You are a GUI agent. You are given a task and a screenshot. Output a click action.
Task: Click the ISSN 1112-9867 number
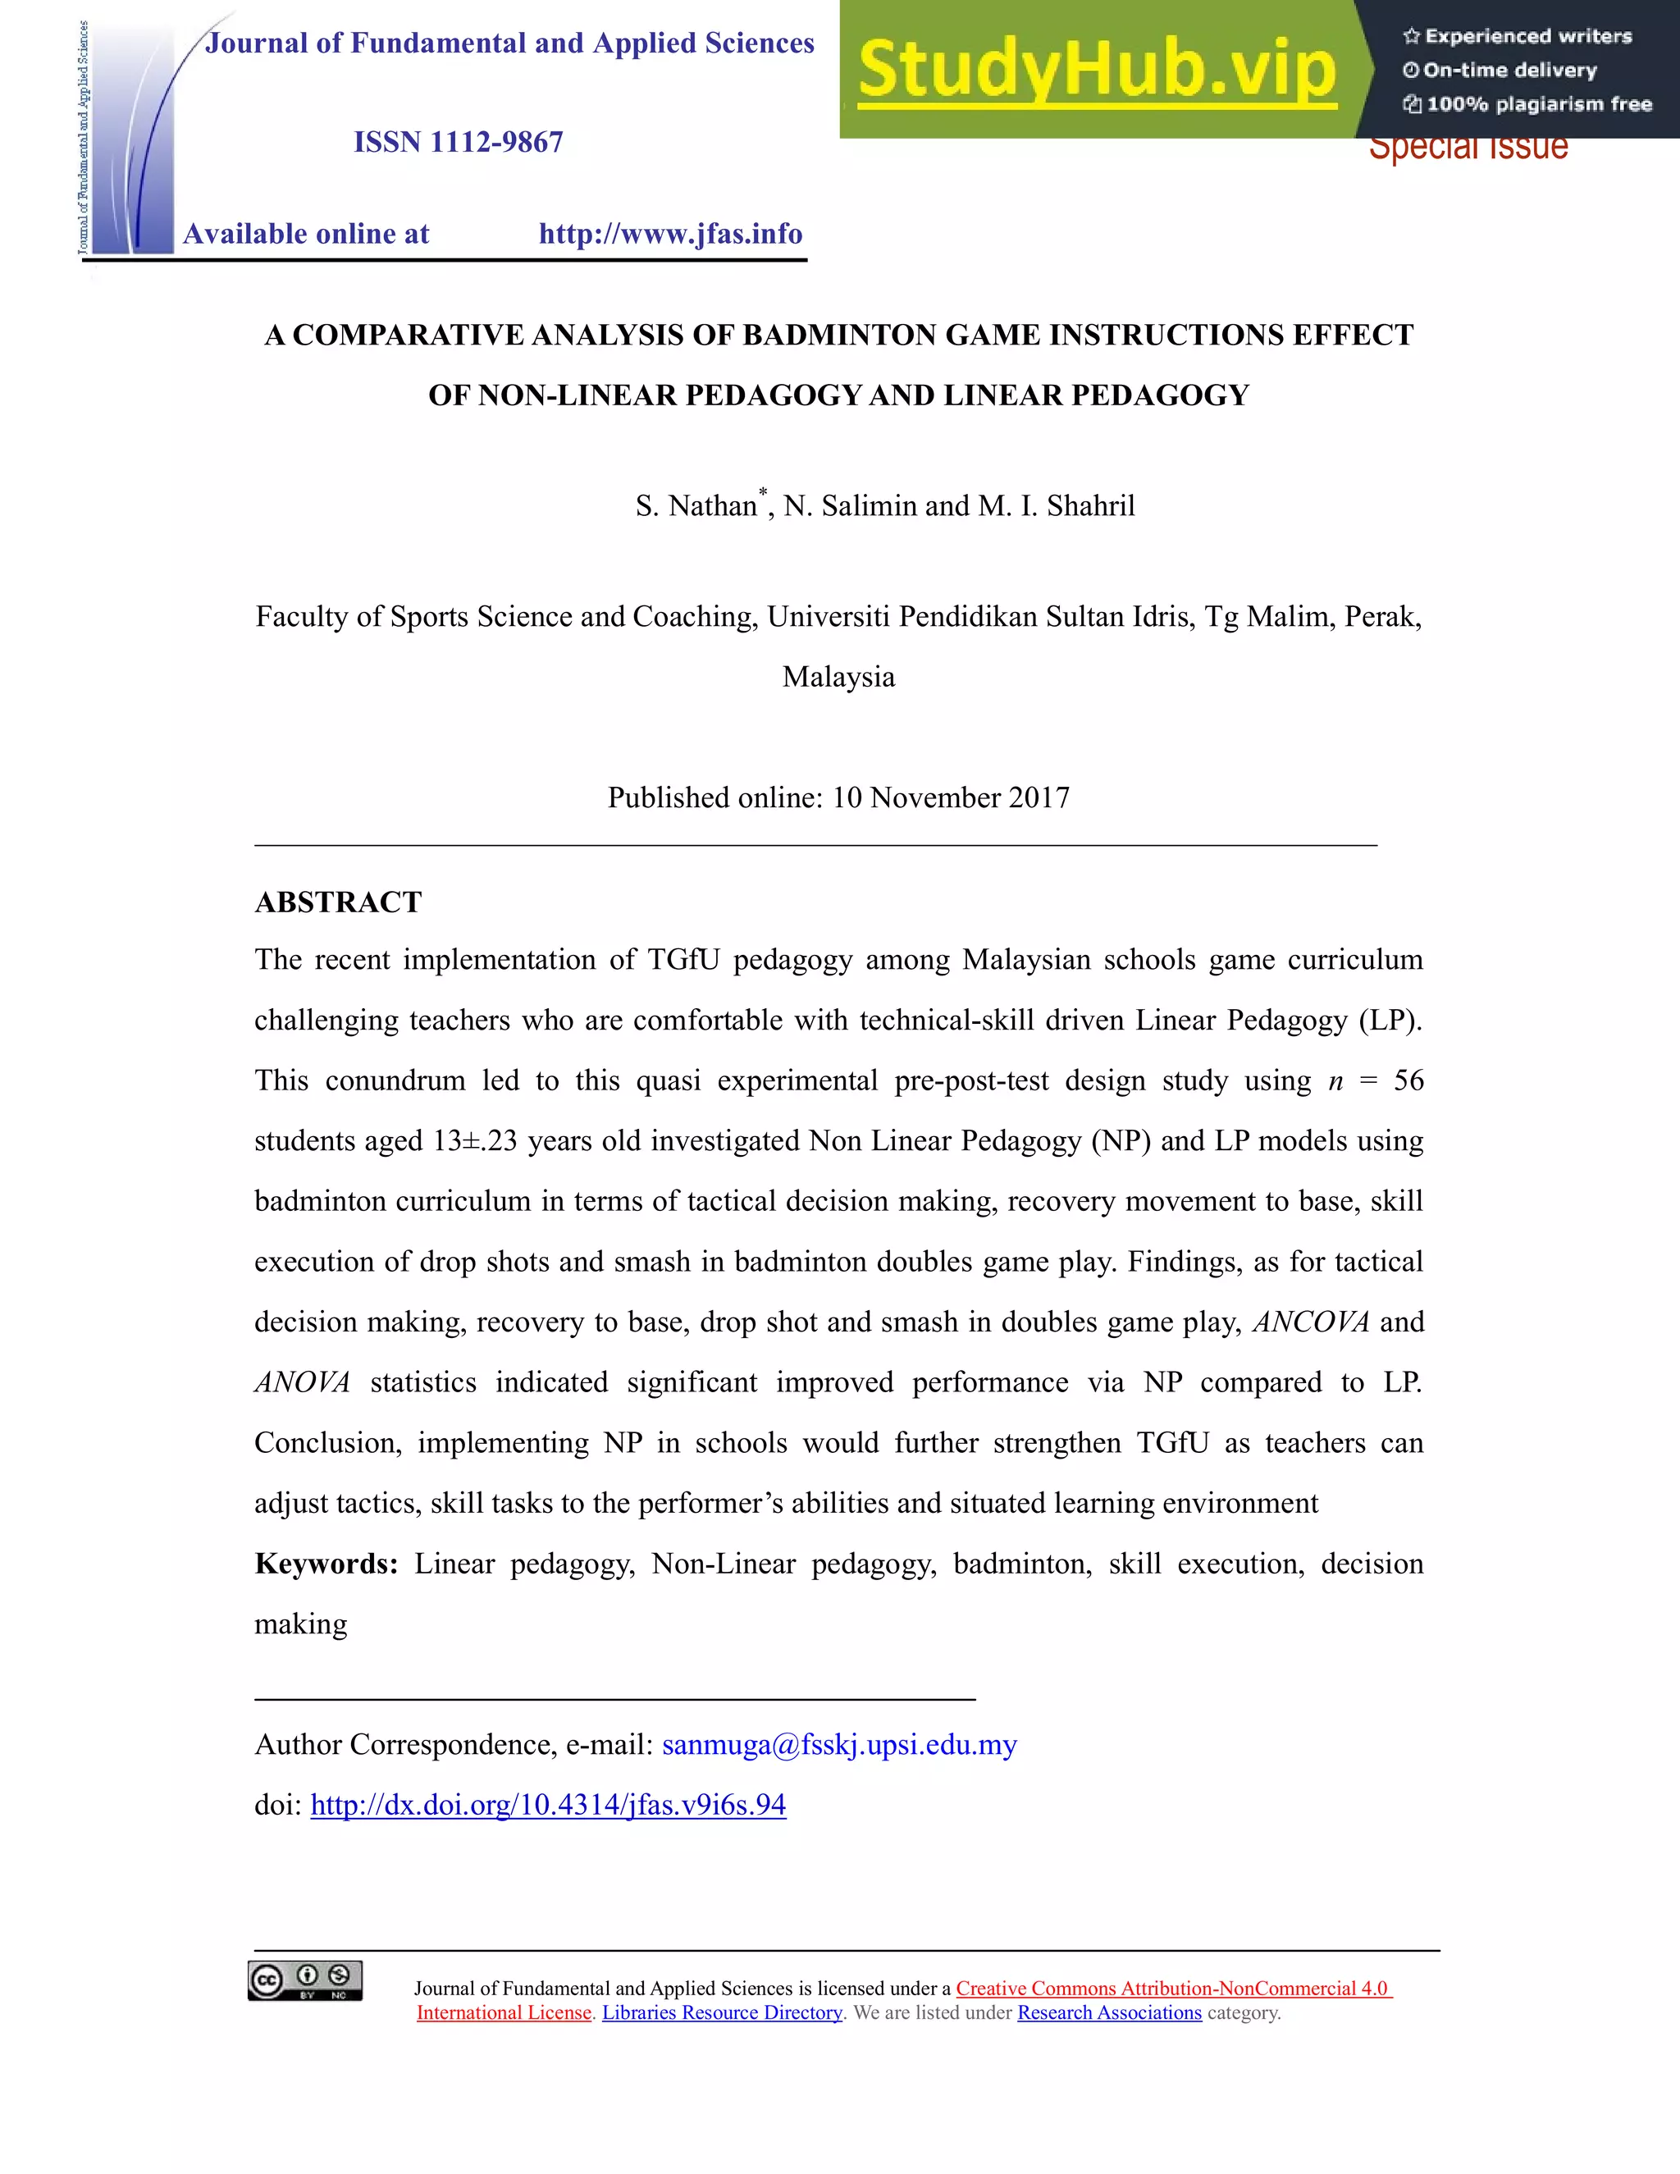(458, 143)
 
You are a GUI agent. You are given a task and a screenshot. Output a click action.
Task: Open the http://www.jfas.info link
(670, 234)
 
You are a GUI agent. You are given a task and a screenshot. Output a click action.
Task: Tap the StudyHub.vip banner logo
(1096, 70)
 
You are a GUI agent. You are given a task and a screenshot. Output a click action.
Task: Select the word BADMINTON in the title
(840, 335)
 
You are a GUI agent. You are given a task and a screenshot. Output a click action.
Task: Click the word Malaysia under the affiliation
(838, 677)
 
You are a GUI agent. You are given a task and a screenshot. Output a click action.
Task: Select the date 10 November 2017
(951, 797)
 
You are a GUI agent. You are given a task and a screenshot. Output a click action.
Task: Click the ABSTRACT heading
(339, 902)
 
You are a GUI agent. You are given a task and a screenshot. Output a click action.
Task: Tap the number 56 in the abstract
(1408, 1080)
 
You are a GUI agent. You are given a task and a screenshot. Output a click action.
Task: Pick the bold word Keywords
(326, 1564)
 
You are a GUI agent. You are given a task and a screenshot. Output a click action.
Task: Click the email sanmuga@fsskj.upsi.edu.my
(839, 1745)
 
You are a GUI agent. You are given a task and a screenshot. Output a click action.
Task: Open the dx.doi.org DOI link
(549, 1805)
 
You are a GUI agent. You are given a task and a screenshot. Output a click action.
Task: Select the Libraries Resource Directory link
(722, 2012)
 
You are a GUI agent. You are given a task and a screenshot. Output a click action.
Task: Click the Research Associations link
(1109, 2012)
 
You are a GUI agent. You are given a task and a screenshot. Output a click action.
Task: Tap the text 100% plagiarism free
(1538, 104)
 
